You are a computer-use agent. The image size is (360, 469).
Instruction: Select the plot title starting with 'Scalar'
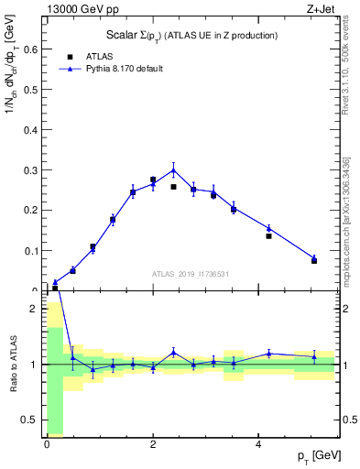192,35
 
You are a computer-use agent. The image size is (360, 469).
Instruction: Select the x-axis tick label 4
259,444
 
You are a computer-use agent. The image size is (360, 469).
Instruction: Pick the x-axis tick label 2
153,444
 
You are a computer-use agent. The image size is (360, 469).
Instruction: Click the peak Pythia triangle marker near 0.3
173,169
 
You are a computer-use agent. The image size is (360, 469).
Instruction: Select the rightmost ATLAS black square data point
314,261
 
